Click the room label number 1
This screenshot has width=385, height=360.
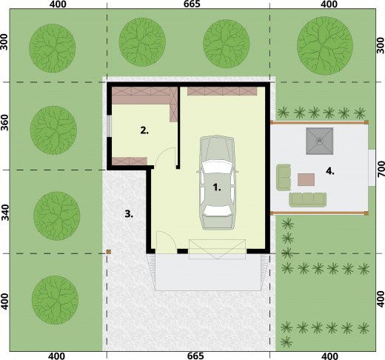[217, 187]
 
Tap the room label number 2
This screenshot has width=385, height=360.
[144, 130]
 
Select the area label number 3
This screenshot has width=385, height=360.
[129, 214]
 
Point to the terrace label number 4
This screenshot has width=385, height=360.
[330, 171]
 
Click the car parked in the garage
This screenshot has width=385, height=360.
[218, 182]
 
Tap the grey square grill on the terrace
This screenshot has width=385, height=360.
[320, 141]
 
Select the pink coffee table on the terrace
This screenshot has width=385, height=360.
[306, 179]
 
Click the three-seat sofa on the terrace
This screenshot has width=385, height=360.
[308, 200]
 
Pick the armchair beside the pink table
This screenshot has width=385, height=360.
[284, 177]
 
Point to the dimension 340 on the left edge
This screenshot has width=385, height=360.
[5, 213]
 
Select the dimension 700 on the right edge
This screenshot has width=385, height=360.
[381, 169]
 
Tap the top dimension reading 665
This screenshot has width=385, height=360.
[192, 4]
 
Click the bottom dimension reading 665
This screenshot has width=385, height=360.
[195, 356]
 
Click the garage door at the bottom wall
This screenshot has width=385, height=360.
[217, 249]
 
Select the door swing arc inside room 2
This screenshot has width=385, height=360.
[166, 156]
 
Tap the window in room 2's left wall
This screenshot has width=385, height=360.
[109, 126]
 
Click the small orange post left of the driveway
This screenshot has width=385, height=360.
[109, 252]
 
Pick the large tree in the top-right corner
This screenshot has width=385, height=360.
[325, 46]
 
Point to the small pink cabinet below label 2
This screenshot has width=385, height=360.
[130, 161]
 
